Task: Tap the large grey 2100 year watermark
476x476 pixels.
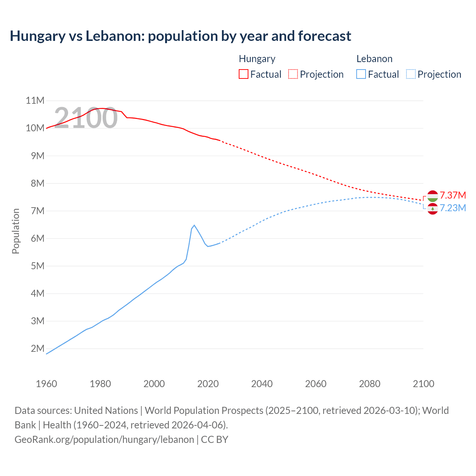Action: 86,118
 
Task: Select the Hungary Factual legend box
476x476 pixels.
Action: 243,74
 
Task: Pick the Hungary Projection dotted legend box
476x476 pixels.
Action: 293,74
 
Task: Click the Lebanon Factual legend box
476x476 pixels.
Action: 361,74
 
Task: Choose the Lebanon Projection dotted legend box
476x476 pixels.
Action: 411,74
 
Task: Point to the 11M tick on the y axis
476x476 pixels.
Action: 35,101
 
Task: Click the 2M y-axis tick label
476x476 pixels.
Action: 38,348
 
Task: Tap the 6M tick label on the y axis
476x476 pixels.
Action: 38,238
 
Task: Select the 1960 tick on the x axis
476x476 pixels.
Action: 46,384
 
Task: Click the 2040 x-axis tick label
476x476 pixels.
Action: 262,384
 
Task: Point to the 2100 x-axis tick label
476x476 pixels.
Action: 423,384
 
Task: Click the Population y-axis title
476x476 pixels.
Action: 16,231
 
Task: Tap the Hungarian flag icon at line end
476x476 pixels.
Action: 432,196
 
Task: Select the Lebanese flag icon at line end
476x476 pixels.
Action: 432,209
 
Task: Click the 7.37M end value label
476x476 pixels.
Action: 453,195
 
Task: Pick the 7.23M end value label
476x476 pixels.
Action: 453,208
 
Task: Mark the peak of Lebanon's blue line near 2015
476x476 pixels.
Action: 194,225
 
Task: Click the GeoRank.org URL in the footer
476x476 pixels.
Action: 104,440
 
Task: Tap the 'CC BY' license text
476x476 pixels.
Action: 215,440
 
